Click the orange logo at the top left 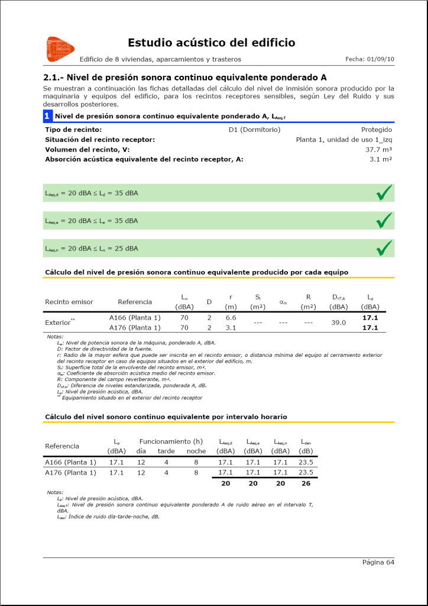pos(60,49)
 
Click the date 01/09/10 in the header pos(380,59)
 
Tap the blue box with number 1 pos(47,116)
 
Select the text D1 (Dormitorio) pos(254,130)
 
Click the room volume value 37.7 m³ pos(379,150)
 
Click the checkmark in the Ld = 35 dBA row pos(384,193)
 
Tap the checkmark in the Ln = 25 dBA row pos(384,248)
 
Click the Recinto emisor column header pos(69,302)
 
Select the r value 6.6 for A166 pos(231,318)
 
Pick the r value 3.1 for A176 pos(231,328)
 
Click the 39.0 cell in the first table pos(338,323)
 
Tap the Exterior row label pos(59,323)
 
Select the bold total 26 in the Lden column pos(306,483)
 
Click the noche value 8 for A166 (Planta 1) pos(196,462)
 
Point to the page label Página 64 pos(378,562)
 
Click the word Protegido pos(376,130)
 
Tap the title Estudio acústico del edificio pos(211,43)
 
